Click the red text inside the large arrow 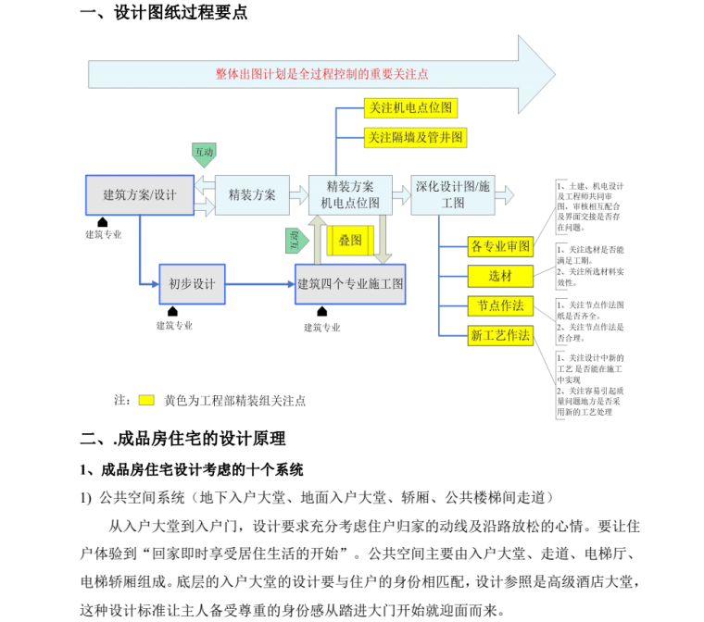coord(321,74)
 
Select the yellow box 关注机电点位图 coord(411,108)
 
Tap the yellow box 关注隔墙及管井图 coord(415,138)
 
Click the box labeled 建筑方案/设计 coord(139,194)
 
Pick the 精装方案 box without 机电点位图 coord(252,194)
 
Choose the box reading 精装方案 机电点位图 coord(350,195)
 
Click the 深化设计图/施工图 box coord(453,195)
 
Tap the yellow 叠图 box coord(350,241)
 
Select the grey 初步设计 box coord(192,283)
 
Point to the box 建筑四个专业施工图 coord(350,283)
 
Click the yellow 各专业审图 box coord(501,247)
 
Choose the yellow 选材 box coord(501,276)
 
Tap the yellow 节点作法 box coord(501,305)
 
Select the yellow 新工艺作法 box coord(501,335)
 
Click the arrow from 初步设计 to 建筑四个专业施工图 coord(259,283)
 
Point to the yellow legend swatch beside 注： coord(146,401)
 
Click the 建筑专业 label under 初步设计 coord(174,326)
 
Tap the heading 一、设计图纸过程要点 coord(164,13)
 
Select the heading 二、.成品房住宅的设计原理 coord(183,439)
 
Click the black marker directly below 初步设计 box coord(172,312)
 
